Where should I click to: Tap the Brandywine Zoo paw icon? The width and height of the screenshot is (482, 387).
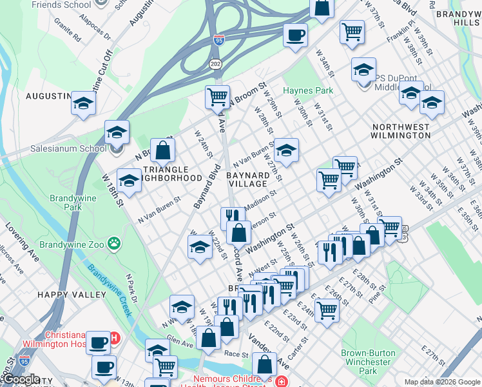coord(114,244)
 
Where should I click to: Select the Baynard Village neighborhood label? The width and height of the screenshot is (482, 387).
coord(248,179)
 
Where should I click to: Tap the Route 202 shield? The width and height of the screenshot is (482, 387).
coord(215,63)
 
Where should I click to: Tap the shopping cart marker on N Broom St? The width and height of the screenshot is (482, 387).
coord(218,97)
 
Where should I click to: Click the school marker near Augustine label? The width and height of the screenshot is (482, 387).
coord(83,103)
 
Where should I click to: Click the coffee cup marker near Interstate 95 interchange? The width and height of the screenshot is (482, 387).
coord(295,35)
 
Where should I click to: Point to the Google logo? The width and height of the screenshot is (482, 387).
coord(21,379)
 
